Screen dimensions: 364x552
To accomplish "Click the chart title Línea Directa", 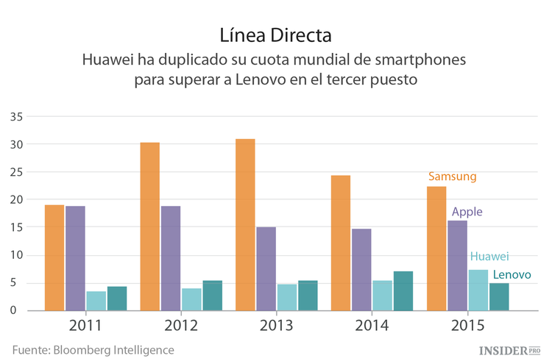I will pos(276,35).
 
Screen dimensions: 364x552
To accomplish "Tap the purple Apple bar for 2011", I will pos(75,258).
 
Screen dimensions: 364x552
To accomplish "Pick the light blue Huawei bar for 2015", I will pos(478,290).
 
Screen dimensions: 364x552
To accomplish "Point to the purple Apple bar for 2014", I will pos(361,269).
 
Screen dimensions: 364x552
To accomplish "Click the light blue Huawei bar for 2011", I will pos(96,301).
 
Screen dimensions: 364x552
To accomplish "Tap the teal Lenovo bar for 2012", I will pos(191,295).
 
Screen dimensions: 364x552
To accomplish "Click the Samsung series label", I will pos(453,176).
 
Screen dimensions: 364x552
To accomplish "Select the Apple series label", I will pos(467,212).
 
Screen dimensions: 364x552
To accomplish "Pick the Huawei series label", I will pos(489,257).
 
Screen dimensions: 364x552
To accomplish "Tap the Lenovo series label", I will pos(512,274).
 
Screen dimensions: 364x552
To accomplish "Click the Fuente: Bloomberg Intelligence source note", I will pos(93,350).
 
